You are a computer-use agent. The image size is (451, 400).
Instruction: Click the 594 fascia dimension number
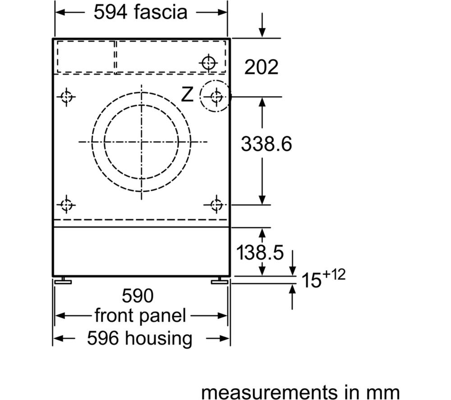click(110, 12)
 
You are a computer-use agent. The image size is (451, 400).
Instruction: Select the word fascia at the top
click(161, 12)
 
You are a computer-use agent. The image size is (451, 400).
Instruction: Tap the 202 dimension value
click(262, 67)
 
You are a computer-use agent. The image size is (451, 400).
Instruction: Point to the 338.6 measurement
click(267, 143)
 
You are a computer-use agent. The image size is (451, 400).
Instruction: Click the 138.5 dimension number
click(260, 253)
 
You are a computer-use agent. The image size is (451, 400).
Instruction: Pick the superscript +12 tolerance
click(334, 275)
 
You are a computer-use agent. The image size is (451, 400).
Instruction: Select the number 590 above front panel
click(138, 295)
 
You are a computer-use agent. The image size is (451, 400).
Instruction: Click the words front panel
click(140, 316)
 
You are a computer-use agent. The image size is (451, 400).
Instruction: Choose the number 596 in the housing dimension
click(103, 338)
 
